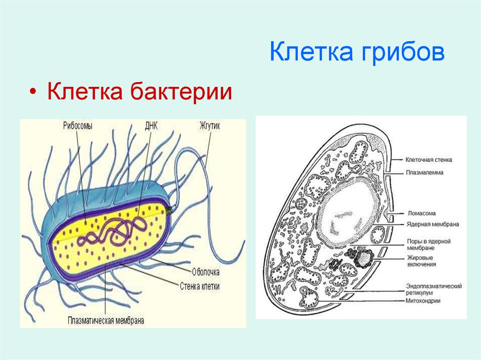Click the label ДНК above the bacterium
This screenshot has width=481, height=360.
pos(152,126)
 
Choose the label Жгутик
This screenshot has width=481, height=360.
pos(210,126)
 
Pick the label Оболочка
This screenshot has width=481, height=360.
pos(206,271)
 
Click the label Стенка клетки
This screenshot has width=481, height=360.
pos(200,285)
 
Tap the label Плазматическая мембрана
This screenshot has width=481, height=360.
pos(105,322)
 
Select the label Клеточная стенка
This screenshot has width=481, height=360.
pos(429,160)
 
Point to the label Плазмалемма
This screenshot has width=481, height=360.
pos(425,172)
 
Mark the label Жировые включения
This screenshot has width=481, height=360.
pos(421,261)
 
